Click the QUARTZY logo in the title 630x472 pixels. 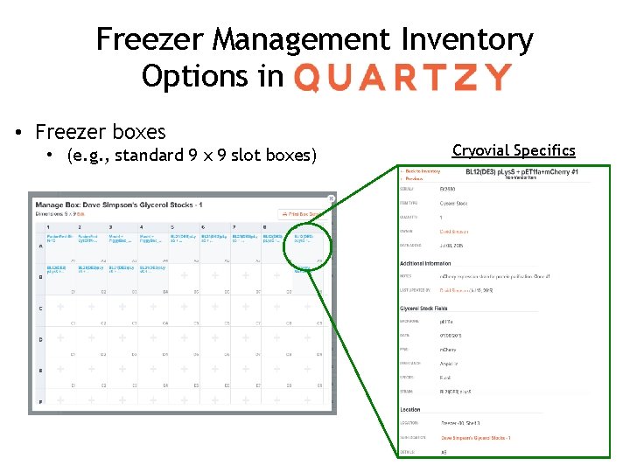click(x=402, y=77)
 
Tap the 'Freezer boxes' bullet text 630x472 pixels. click(x=100, y=132)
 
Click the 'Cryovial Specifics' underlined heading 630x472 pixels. click(x=514, y=150)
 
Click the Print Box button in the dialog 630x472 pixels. click(x=302, y=214)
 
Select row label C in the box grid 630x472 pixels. click(x=39, y=309)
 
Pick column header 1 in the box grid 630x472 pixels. click(x=59, y=227)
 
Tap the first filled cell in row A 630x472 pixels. click(x=59, y=241)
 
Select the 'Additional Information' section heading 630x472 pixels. click(x=426, y=263)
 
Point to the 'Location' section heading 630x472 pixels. click(x=410, y=409)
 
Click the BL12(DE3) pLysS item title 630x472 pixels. click(x=521, y=172)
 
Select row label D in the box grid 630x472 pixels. click(x=39, y=339)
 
